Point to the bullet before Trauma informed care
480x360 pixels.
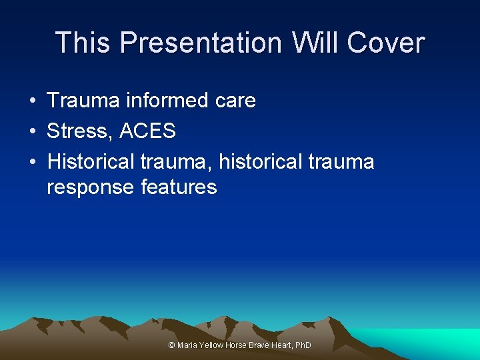[x=32, y=101]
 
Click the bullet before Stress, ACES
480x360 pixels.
[x=32, y=131]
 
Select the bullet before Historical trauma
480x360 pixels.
[x=32, y=162]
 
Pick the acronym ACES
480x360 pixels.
[x=148, y=131]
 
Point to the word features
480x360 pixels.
[x=179, y=187]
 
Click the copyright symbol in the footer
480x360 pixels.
[x=171, y=345]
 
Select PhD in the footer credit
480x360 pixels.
[x=303, y=345]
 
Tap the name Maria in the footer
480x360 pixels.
[x=187, y=345]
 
